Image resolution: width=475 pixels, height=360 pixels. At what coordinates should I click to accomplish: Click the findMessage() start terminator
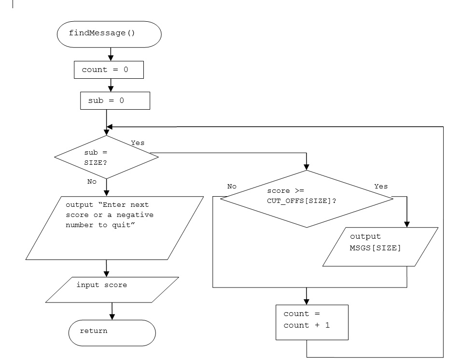coord(109,34)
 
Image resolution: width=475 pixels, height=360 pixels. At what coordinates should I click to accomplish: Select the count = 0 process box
coord(109,70)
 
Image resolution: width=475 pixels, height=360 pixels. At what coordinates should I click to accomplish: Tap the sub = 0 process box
coord(115,101)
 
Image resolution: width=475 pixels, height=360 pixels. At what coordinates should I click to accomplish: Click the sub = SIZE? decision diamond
coord(106,157)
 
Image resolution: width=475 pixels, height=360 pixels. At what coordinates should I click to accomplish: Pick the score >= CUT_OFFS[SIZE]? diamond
coord(307,198)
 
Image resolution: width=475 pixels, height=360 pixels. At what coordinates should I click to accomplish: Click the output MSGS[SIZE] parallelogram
coord(380,246)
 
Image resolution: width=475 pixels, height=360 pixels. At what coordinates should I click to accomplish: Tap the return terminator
coord(112,332)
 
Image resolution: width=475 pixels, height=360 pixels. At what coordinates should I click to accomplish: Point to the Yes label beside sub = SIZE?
coord(138,143)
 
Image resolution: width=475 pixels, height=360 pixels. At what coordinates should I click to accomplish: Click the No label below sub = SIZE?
coord(92,182)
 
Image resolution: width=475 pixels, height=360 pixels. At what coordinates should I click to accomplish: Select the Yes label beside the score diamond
coord(381,186)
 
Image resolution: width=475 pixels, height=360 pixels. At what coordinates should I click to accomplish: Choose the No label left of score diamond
coord(232,186)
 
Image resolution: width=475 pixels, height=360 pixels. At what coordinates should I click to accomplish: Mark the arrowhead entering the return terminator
coord(112,317)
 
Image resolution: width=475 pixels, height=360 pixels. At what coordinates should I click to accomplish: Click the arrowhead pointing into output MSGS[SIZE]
coord(406,224)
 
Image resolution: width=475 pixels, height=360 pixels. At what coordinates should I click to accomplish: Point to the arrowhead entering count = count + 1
coord(307,302)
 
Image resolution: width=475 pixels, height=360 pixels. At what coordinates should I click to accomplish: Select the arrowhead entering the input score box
coord(106,274)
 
